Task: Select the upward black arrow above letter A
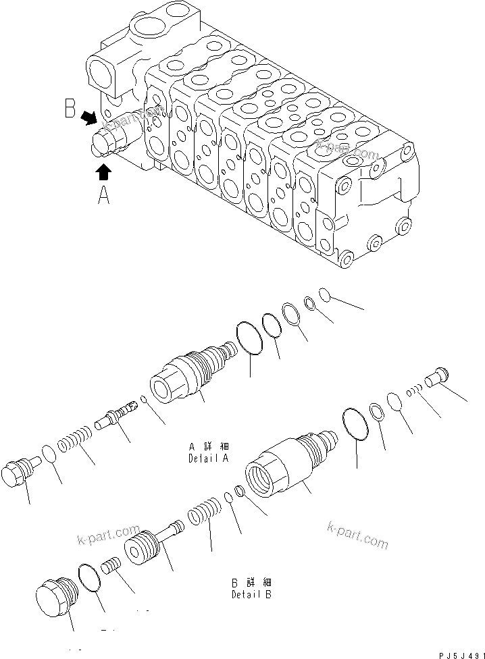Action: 103,173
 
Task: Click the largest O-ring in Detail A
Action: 250,337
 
